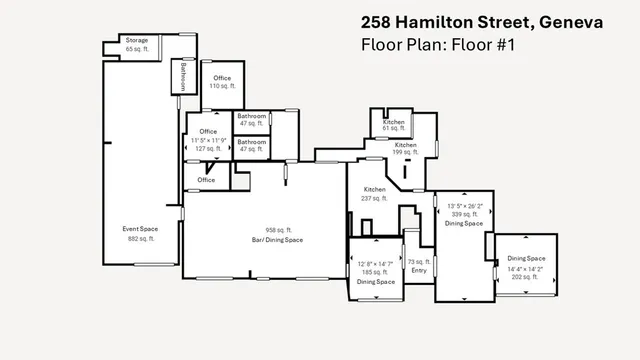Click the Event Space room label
(x=140, y=229)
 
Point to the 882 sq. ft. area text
(x=140, y=239)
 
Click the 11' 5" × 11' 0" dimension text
(x=208, y=140)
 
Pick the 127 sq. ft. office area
(x=208, y=148)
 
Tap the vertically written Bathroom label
(x=184, y=76)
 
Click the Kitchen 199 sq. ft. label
(x=405, y=149)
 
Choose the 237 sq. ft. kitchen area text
(x=374, y=197)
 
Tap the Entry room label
(x=417, y=269)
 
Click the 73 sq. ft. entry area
(x=417, y=261)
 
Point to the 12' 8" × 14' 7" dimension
(x=376, y=264)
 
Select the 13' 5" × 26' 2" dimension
(x=464, y=206)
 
